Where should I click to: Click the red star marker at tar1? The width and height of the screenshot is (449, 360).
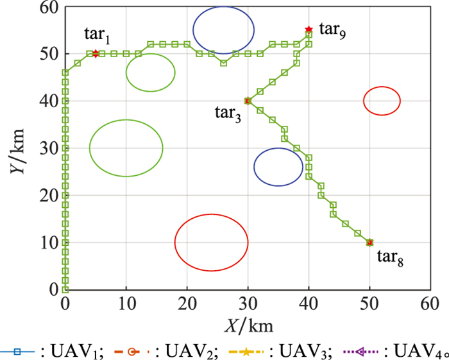click(x=96, y=53)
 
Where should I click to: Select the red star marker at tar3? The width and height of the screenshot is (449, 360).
click(x=248, y=101)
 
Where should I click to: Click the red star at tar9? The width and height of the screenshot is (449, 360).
click(x=309, y=30)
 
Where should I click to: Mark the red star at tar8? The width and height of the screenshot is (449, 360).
click(x=369, y=243)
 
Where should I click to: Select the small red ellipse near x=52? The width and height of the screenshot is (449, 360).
click(x=382, y=100)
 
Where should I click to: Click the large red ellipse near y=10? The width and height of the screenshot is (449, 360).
click(x=211, y=243)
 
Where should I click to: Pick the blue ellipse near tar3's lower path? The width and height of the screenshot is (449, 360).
click(x=278, y=167)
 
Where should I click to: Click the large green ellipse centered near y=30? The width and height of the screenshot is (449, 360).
click(x=126, y=148)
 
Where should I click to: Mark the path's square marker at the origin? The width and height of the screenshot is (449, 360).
click(x=65, y=290)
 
